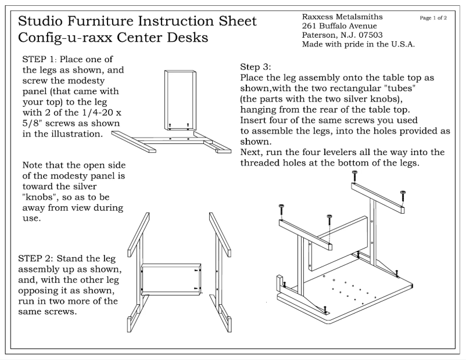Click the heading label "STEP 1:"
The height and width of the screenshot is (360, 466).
40,60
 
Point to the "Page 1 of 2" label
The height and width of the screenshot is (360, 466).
433,18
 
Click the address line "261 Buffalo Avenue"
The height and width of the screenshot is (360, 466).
339,27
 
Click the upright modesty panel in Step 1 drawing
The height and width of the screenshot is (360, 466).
180,99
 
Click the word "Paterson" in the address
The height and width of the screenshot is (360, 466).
319,35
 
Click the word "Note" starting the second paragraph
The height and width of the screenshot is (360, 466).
34,165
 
